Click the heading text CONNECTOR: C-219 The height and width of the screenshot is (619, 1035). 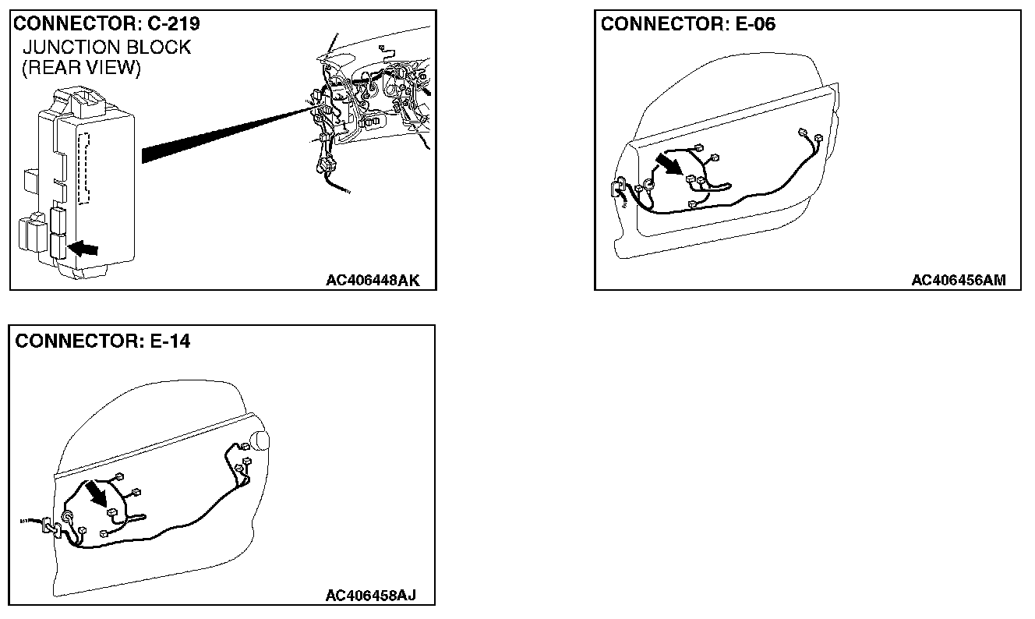(x=106, y=24)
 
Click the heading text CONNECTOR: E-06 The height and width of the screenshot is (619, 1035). (x=688, y=24)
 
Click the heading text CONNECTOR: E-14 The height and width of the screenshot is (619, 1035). (x=102, y=341)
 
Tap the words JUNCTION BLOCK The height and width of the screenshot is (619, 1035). (x=107, y=48)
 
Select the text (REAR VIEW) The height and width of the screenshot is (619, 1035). (x=82, y=69)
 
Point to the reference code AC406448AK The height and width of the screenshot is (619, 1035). (x=372, y=281)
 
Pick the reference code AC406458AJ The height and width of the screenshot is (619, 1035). (x=370, y=596)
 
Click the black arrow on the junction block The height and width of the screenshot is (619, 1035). (x=85, y=249)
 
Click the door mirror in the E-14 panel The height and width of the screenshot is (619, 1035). (x=260, y=442)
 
